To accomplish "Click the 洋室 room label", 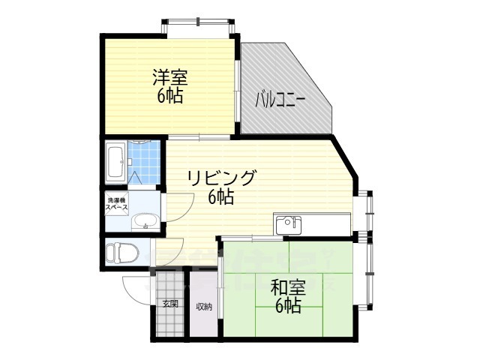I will point(170,76).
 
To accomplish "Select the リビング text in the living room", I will point(221,178).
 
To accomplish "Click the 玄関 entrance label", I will point(169,304).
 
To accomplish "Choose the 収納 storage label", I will point(204,306).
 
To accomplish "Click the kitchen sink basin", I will point(287,224).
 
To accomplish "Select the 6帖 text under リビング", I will point(221,197).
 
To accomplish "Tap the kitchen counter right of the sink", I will point(326,224).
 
